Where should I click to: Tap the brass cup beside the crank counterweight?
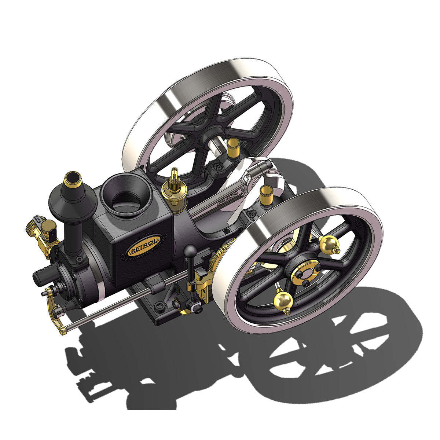[x=265, y=195]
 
